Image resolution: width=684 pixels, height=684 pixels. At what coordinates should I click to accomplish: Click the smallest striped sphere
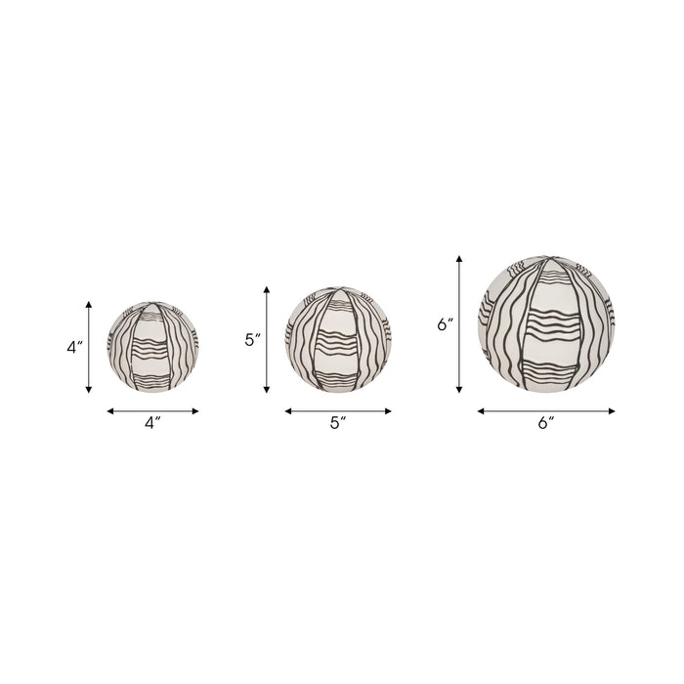point(152,347)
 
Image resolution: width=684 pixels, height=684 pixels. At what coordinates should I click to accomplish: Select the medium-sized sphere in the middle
point(338,339)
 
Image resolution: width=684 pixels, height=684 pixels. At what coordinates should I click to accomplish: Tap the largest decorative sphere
point(546,324)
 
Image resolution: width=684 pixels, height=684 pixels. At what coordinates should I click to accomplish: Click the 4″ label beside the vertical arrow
point(74,347)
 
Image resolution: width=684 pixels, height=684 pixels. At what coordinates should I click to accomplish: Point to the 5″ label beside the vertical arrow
point(253,340)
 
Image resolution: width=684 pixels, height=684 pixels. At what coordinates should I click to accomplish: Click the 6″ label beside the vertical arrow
point(446,324)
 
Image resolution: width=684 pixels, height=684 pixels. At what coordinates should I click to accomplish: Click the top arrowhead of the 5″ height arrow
point(267,289)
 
